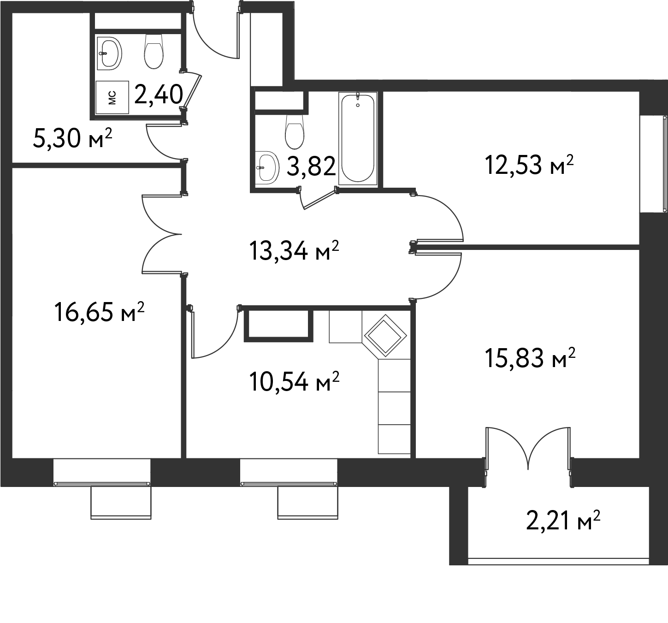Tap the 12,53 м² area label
(x=529, y=165)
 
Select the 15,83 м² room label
(x=530, y=358)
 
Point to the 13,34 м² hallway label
(x=294, y=251)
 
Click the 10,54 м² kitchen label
(x=294, y=382)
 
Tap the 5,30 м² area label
(x=73, y=138)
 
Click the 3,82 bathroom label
(x=311, y=166)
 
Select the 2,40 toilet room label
(x=159, y=95)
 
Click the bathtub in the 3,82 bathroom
(x=358, y=138)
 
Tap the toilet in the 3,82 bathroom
(x=294, y=131)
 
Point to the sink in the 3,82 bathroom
(x=267, y=167)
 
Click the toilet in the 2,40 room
(x=154, y=52)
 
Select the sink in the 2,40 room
(x=109, y=53)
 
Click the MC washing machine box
(x=112, y=97)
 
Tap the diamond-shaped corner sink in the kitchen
(x=385, y=336)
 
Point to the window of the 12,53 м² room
(x=653, y=164)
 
